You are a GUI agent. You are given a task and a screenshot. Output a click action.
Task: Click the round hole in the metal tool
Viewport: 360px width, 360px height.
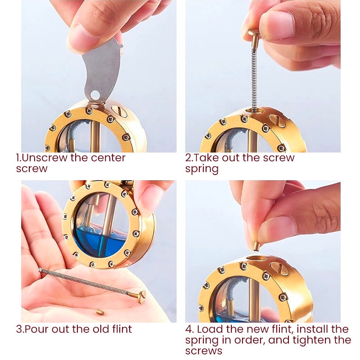pyautogui.click(x=94, y=95)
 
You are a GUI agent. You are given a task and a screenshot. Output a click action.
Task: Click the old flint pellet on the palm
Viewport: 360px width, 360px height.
pyautogui.click(x=100, y=312)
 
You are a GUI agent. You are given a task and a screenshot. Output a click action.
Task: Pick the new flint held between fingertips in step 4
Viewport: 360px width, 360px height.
pyautogui.click(x=256, y=246)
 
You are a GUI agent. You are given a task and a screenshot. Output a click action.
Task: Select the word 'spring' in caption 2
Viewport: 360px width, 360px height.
pyautogui.click(x=202, y=170)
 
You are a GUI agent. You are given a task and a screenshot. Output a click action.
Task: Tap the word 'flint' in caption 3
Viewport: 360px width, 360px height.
pyautogui.click(x=122, y=329)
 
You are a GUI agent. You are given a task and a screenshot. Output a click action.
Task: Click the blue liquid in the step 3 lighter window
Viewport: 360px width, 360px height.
pyautogui.click(x=100, y=243)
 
